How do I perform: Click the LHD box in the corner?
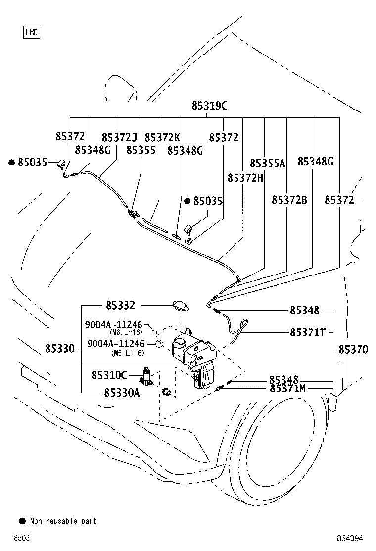tap(31, 33)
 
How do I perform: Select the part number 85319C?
tap(209, 106)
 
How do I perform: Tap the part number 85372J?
tap(119, 137)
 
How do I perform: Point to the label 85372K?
tap(162, 137)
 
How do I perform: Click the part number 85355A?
tap(268, 163)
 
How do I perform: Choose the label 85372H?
tap(245, 177)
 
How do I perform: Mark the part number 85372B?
tap(289, 200)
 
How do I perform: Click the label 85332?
tap(120, 306)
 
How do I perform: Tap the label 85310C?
tap(109, 375)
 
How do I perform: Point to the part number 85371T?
tap(308, 332)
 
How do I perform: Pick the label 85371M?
tap(287, 388)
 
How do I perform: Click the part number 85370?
tap(353, 350)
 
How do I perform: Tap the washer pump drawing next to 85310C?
tap(146, 376)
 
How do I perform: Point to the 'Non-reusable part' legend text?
tap(63, 521)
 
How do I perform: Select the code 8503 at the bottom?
tap(22, 538)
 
